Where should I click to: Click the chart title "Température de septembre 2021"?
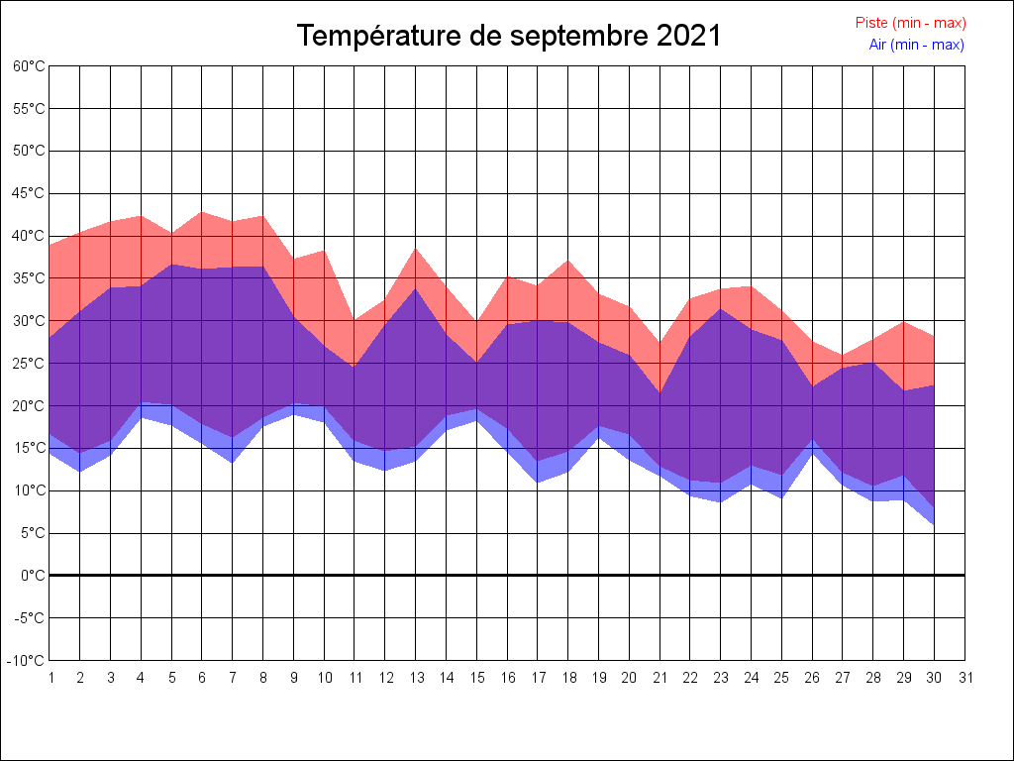[x=509, y=37]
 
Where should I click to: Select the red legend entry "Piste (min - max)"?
[x=910, y=23]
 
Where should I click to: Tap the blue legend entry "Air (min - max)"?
[x=916, y=45]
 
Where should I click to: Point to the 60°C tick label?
[x=29, y=66]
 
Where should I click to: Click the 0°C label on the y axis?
[x=33, y=575]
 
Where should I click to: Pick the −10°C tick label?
[x=29, y=660]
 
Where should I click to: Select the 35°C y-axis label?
[x=29, y=278]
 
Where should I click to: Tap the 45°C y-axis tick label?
[x=29, y=193]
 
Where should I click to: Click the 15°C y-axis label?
[x=29, y=448]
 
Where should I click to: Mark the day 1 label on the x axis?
[x=51, y=678]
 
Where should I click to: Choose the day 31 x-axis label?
[x=965, y=678]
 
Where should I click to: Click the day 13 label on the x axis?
[x=416, y=678]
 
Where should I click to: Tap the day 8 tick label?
[x=263, y=678]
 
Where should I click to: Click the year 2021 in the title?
[x=687, y=37]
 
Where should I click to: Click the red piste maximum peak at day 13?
[x=416, y=249]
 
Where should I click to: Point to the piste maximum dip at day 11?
[x=355, y=320]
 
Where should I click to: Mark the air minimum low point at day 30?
[x=935, y=524]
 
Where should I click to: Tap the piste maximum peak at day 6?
[x=202, y=212]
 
